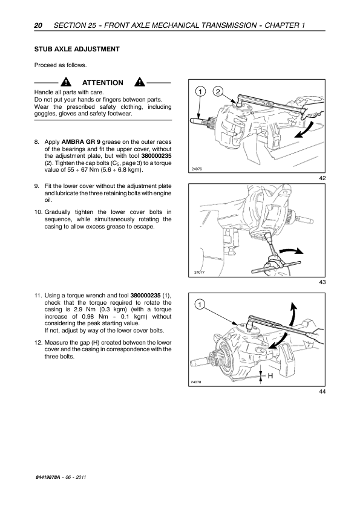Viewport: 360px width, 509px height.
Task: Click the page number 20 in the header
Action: (38, 25)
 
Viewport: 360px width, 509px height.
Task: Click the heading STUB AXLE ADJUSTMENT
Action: (77, 50)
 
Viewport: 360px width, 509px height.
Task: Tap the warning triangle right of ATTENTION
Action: (140, 82)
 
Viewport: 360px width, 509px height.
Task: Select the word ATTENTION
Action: (103, 83)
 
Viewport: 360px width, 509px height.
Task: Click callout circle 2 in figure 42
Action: (218, 92)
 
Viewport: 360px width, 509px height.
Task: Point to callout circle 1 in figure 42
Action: (200, 92)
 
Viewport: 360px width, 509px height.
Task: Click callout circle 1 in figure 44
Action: (200, 305)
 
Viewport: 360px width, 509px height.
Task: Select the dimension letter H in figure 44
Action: (270, 376)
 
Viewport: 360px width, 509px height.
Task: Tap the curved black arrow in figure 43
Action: (292, 251)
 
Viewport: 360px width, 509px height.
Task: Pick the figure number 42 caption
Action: (322, 178)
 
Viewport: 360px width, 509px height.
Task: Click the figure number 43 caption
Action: (322, 282)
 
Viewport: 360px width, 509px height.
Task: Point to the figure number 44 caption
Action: (322, 392)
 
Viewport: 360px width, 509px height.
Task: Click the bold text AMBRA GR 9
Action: (81, 142)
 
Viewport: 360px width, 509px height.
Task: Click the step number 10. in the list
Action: (38, 212)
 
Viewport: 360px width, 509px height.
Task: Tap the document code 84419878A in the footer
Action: (47, 477)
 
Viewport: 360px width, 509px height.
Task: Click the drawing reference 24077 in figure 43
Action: (199, 273)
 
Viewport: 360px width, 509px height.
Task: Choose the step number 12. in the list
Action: (38, 343)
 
